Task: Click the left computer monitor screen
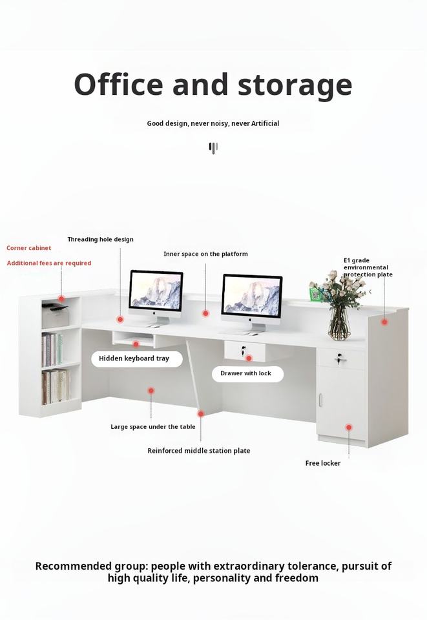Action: click(156, 290)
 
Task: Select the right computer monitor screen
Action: click(252, 295)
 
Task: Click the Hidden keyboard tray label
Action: click(134, 358)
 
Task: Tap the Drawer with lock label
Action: click(246, 373)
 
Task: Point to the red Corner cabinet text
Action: click(29, 248)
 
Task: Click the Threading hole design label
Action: click(100, 240)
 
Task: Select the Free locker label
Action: click(322, 463)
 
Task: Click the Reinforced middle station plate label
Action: click(198, 451)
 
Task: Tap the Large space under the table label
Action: click(152, 427)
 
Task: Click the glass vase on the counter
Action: click(338, 324)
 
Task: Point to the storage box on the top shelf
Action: click(56, 316)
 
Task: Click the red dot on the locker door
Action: click(348, 427)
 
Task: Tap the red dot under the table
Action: click(151, 391)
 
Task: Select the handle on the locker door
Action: click(320, 400)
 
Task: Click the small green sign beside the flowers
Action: click(315, 294)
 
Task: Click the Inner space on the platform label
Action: click(205, 254)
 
